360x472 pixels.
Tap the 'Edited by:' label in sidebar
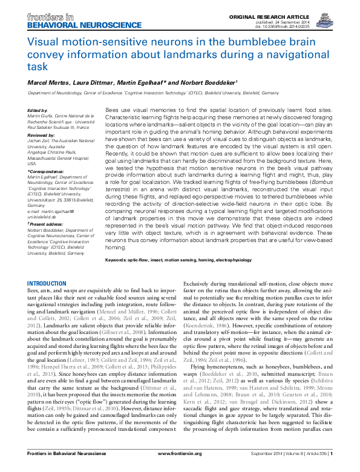(x=39, y=110)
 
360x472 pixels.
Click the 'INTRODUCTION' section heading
(x=51, y=284)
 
